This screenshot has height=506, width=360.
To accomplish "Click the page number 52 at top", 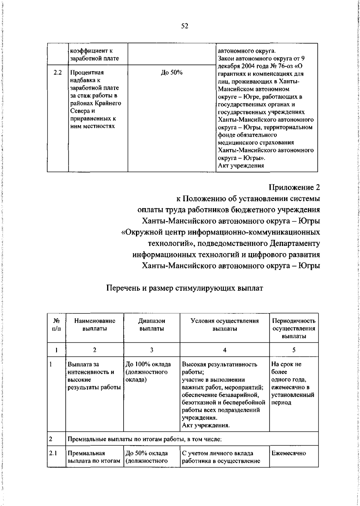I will pyautogui.click(x=184, y=26).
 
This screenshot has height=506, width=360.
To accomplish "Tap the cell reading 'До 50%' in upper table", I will pyautogui.click(x=172, y=73).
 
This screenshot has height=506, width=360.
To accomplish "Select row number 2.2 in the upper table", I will pyautogui.click(x=58, y=73).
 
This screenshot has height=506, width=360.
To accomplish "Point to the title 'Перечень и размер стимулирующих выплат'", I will pyautogui.click(x=184, y=288).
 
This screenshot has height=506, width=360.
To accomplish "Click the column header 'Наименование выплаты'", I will pyautogui.click(x=94, y=325).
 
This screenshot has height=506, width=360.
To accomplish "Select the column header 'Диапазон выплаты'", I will pyautogui.click(x=151, y=325).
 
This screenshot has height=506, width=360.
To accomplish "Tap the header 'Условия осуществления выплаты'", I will pyautogui.click(x=225, y=325).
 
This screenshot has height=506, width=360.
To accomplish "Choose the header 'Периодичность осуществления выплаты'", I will pyautogui.click(x=294, y=329).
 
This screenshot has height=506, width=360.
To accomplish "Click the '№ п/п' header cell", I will pyautogui.click(x=56, y=325).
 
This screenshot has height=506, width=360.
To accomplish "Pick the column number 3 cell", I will pyautogui.click(x=151, y=350).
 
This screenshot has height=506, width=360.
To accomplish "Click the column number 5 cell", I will pyautogui.click(x=294, y=350).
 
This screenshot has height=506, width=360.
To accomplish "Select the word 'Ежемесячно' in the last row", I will pyautogui.click(x=289, y=453).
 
